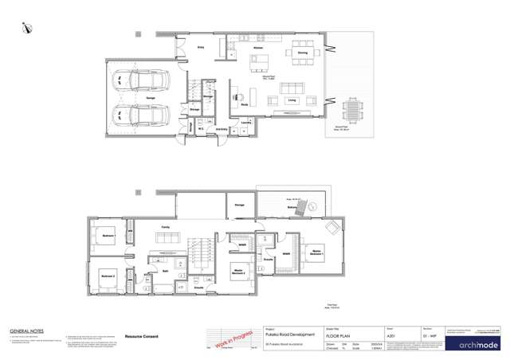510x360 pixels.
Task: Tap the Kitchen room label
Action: coord(258,48)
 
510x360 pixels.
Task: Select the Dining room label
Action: coord(303,53)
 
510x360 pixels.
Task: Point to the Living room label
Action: coord(292,101)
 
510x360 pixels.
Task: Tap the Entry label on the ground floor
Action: coord(201,48)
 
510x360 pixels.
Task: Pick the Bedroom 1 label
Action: coord(108,237)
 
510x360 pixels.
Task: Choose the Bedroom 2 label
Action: coord(108,274)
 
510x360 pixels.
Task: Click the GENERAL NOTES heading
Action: coord(25,330)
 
